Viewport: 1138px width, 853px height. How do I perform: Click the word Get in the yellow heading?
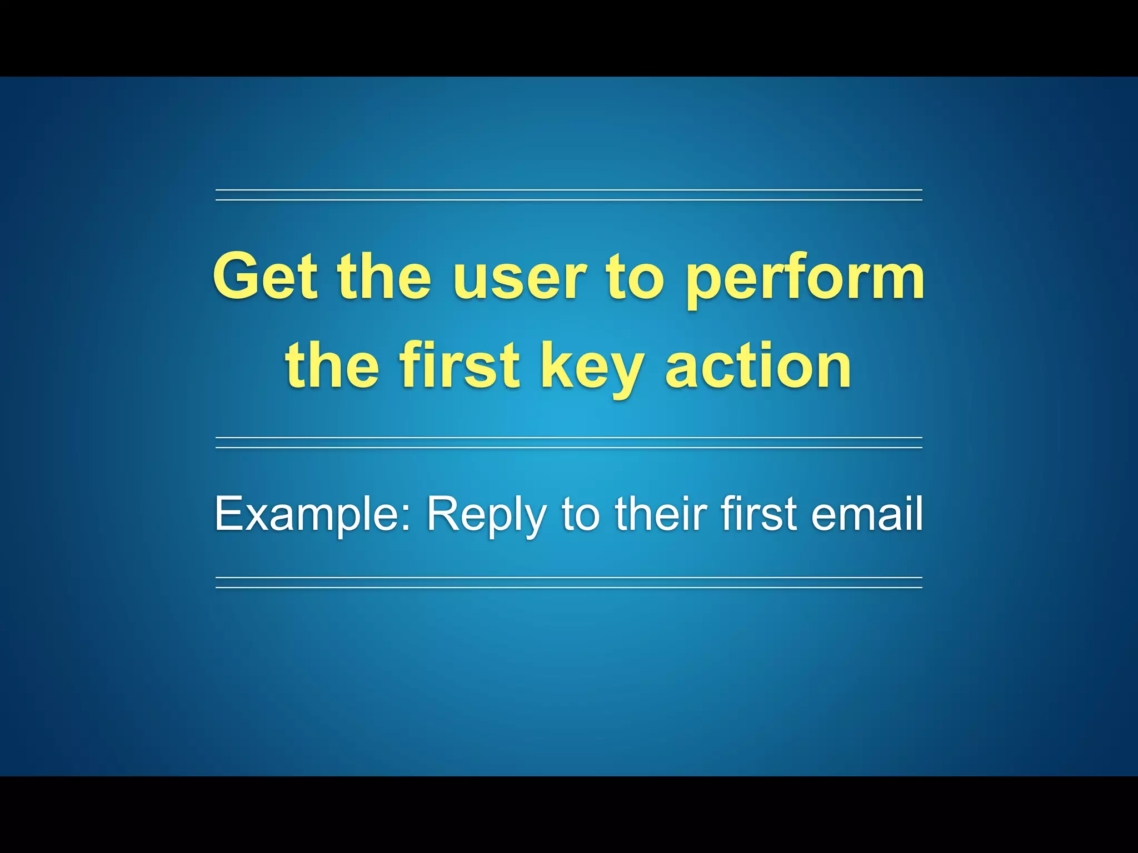click(265, 276)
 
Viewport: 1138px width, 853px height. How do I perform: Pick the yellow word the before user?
click(383, 276)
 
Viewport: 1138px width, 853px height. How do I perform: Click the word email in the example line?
click(867, 514)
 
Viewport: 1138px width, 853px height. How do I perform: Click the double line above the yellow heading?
click(568, 195)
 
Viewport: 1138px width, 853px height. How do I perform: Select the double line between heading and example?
click(568, 443)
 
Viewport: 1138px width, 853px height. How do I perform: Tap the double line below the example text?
click(568, 583)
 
